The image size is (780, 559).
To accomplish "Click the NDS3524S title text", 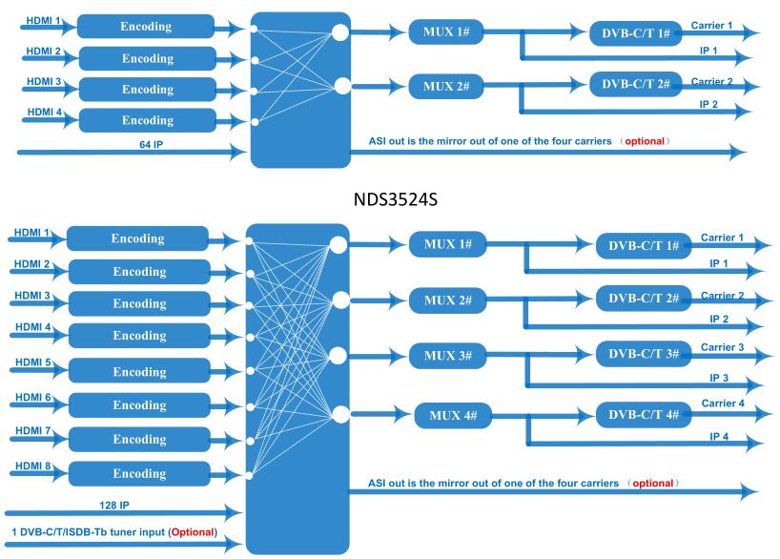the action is click(x=396, y=199).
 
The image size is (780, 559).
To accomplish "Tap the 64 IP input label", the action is click(x=152, y=144).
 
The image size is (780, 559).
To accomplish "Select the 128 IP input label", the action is click(x=114, y=506).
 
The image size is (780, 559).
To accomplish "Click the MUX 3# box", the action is click(x=448, y=356).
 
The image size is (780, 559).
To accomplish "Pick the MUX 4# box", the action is click(x=453, y=416).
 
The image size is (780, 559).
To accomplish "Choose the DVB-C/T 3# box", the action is click(x=644, y=354).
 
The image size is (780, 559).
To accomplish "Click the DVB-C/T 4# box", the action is click(x=644, y=415).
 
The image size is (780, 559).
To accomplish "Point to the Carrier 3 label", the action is click(x=722, y=347).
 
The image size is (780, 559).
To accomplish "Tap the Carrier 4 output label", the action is click(x=723, y=404).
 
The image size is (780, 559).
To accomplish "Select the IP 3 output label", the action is click(x=719, y=378).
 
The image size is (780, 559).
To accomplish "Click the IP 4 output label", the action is click(x=719, y=437).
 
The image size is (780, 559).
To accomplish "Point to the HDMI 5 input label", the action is click(x=33, y=362).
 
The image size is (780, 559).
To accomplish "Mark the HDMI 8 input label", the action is click(x=33, y=466).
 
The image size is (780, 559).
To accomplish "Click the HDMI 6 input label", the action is click(x=33, y=397).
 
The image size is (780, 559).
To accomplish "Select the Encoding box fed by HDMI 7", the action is click(x=139, y=439).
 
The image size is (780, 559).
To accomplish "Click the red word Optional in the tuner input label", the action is click(x=193, y=532).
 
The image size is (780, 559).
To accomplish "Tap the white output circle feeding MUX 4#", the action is click(x=340, y=414).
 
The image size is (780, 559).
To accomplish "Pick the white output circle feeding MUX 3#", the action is click(x=339, y=356).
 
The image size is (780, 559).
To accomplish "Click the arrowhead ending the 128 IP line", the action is click(x=234, y=512).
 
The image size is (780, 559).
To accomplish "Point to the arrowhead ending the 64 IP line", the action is click(x=238, y=152).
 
